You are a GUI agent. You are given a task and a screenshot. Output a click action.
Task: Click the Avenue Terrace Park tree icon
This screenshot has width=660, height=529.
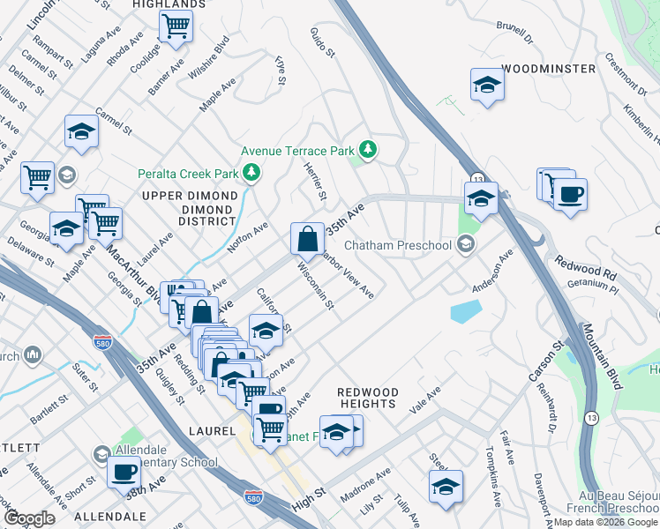pyautogui.click(x=367, y=149)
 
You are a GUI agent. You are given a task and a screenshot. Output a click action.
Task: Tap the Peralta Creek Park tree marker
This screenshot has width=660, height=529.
pyautogui.click(x=251, y=171)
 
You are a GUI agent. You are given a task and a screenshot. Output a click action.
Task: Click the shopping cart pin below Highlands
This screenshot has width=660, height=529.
pyautogui.click(x=176, y=26)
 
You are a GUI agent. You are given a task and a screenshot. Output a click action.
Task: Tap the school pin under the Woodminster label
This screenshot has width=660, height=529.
pyautogui.click(x=485, y=85)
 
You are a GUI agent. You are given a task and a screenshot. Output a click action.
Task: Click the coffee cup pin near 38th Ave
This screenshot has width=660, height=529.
pyautogui.click(x=124, y=472)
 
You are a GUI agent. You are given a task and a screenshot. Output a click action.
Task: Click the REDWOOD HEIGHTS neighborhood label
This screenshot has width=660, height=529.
pyautogui.click(x=367, y=398)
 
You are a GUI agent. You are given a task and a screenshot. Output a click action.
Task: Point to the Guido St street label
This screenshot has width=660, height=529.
pyautogui.click(x=323, y=42)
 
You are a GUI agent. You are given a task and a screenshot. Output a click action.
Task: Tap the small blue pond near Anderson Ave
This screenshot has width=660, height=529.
pyautogui.click(x=465, y=311)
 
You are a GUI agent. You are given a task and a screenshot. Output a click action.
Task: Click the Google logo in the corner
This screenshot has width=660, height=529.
pyautogui.click(x=29, y=518)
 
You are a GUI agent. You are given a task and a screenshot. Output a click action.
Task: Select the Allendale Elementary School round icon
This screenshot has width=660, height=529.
pyautogui.click(x=101, y=453)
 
